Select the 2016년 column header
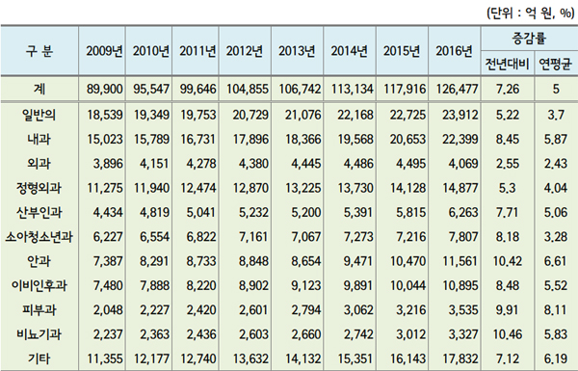point(453,51)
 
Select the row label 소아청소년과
point(39,237)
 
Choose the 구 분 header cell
point(39,51)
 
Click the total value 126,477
point(453,90)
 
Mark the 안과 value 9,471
point(344,263)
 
